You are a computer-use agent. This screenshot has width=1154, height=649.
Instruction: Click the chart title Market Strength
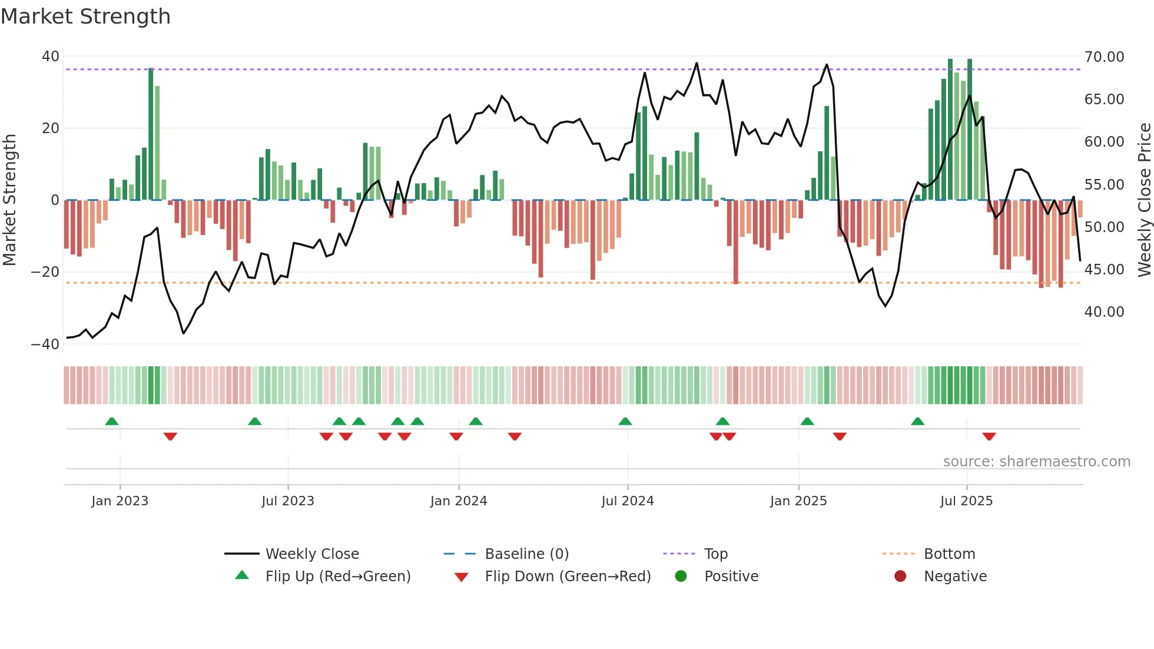(x=85, y=16)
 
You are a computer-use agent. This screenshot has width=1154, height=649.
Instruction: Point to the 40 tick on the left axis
(x=51, y=57)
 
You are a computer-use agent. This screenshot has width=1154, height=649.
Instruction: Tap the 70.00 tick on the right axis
(x=1104, y=57)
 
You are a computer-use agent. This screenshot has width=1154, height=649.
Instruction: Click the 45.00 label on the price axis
(x=1104, y=270)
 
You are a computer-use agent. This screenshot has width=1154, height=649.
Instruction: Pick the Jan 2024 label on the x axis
(x=458, y=501)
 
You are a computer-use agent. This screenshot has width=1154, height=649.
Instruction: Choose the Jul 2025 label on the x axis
(x=966, y=501)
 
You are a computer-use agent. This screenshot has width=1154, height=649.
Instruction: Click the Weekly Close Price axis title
(x=1144, y=200)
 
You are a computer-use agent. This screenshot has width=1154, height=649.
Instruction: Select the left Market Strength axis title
(x=9, y=200)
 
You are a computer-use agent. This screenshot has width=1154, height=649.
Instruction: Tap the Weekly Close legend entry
(x=311, y=554)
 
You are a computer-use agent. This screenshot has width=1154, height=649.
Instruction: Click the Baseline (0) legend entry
(x=526, y=554)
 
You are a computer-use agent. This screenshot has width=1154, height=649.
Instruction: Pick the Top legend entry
(x=715, y=554)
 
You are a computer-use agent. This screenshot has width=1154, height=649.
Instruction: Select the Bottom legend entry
(x=949, y=554)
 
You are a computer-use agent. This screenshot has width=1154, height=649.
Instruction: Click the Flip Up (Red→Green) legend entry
(x=337, y=577)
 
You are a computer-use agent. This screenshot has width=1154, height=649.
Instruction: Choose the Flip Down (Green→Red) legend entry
(x=568, y=577)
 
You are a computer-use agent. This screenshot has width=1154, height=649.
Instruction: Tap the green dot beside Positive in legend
(x=681, y=577)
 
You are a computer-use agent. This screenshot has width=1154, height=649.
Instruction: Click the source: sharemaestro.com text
(x=1036, y=462)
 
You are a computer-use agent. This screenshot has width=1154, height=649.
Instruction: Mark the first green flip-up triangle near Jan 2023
(x=112, y=421)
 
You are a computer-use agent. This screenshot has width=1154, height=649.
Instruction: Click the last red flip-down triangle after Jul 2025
(x=989, y=436)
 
